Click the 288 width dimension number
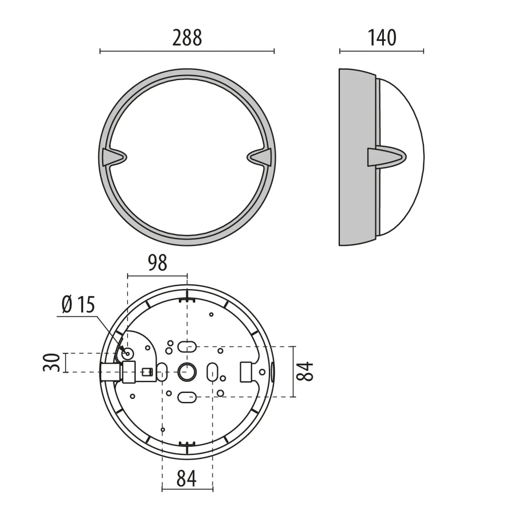(x=187, y=38)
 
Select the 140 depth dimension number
(x=382, y=38)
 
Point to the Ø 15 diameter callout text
(x=78, y=305)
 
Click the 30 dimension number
(x=51, y=363)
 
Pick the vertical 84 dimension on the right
(x=305, y=371)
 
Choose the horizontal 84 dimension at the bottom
(x=187, y=478)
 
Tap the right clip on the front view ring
(x=259, y=157)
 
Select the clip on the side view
(x=387, y=157)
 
